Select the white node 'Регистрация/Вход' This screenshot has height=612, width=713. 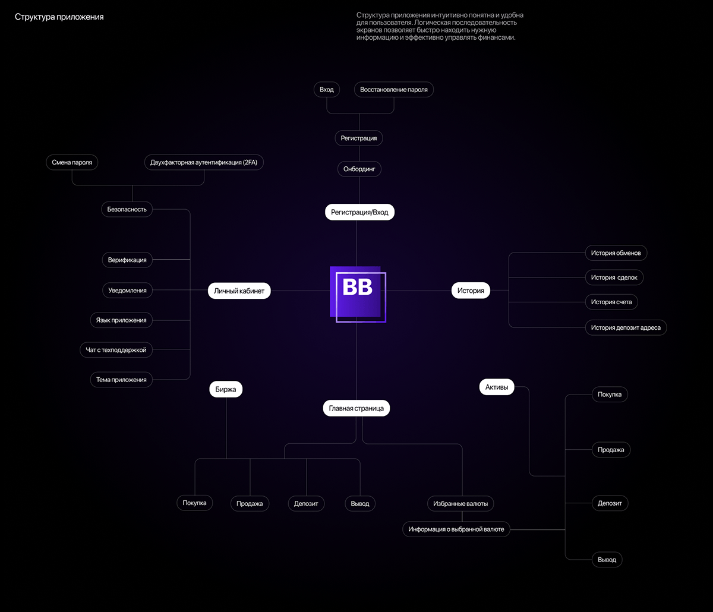pos(359,212)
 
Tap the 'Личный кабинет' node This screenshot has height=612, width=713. pos(239,291)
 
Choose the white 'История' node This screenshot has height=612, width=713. pos(471,291)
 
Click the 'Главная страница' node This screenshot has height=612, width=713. pos(356,408)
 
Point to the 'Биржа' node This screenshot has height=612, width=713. pos(226,390)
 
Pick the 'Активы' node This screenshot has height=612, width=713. pos(497,387)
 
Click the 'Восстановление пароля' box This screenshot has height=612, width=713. pos(393,90)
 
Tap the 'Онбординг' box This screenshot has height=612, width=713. pos(359,169)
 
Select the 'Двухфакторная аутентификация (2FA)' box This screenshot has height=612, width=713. pos(204,162)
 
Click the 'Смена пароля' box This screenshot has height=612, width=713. pos(72,162)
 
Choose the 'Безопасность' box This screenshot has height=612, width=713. pos(127,209)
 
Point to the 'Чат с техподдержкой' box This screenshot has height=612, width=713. pos(116,350)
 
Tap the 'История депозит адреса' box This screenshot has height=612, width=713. pos(626,327)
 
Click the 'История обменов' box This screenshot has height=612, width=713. pos(616,253)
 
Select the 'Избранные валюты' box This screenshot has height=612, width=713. pos(460,503)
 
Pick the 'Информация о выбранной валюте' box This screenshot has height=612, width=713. pos(456,529)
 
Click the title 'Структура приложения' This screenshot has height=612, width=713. pos(59,17)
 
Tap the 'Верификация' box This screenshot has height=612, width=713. pos(127,260)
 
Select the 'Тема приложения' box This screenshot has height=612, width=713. pos(121,380)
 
